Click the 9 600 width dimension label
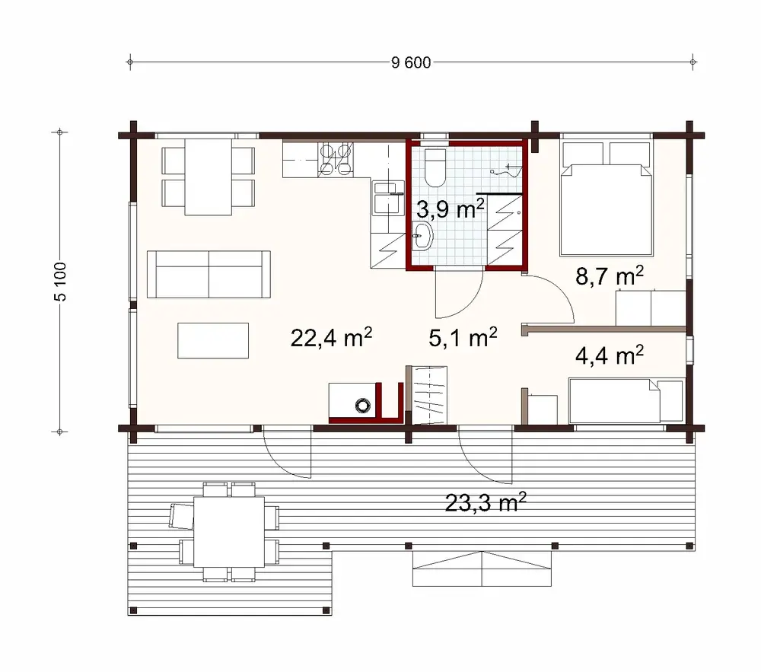(x=411, y=62)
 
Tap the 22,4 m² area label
(x=330, y=337)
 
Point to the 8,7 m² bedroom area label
(x=610, y=276)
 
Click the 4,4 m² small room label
(x=610, y=355)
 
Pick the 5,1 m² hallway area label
(x=463, y=337)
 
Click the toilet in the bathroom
(x=437, y=167)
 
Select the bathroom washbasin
(x=422, y=237)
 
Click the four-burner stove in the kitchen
(x=336, y=158)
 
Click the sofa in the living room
(x=209, y=274)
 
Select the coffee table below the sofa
(x=213, y=340)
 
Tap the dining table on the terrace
(x=230, y=530)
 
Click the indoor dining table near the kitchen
(x=209, y=176)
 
